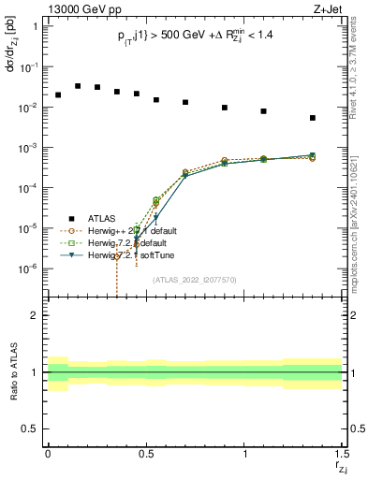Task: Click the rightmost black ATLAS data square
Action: [x=313, y=118]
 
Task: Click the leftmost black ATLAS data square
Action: [x=58, y=94]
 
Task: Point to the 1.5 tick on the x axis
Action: [x=342, y=455]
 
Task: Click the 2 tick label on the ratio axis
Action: [x=36, y=315]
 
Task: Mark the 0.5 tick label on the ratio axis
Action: [x=31, y=428]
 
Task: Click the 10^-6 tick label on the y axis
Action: [x=30, y=269]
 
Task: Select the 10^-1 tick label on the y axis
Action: [x=30, y=67]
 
